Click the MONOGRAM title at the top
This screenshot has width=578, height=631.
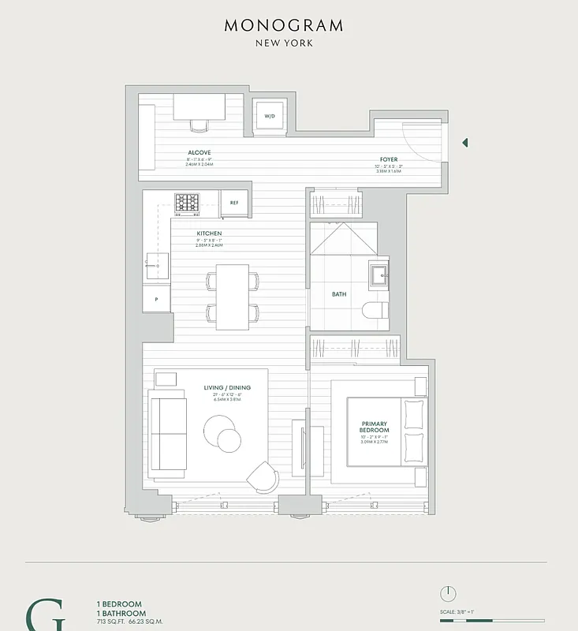click(x=284, y=25)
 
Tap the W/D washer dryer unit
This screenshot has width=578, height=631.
click(x=270, y=117)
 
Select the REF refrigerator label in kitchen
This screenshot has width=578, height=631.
click(x=234, y=203)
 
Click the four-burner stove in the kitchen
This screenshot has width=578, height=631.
click(x=187, y=203)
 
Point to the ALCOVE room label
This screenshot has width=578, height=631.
click(x=199, y=152)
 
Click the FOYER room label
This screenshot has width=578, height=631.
click(x=388, y=159)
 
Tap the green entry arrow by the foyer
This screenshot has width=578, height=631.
click(x=465, y=143)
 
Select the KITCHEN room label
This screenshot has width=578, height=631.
click(x=209, y=233)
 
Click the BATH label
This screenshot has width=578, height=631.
click(x=339, y=294)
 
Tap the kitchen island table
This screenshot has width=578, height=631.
click(x=233, y=297)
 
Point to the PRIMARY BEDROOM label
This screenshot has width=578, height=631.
click(x=375, y=427)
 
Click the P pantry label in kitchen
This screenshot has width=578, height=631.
click(x=156, y=300)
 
